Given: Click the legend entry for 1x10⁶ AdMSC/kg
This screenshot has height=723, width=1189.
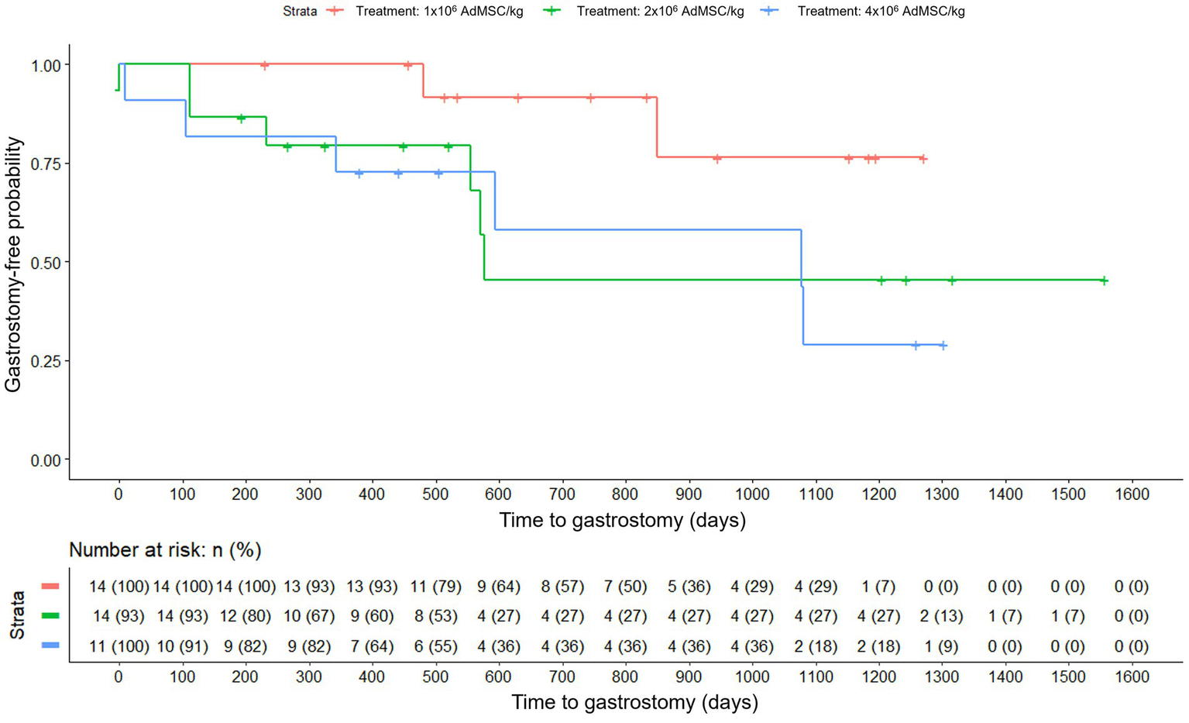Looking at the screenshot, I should point(438,12).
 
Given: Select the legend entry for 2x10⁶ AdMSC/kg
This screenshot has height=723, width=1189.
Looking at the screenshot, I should point(659,12).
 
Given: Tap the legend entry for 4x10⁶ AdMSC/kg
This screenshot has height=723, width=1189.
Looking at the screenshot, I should point(880,12).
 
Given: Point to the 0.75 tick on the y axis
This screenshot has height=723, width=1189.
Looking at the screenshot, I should point(46,164).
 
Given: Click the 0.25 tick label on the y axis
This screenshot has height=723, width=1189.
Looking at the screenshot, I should point(46,361).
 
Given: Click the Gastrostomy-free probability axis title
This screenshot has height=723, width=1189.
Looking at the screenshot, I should point(13,263).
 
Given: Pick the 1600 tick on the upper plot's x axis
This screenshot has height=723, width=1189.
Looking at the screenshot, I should point(1131,494).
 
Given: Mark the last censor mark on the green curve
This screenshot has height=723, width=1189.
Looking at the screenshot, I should point(1104,281).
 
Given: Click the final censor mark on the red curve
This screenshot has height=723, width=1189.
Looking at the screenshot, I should point(923,159).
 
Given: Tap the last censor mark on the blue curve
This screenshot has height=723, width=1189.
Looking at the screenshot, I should point(943,346).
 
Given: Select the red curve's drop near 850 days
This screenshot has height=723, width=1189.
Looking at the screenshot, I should point(657,128).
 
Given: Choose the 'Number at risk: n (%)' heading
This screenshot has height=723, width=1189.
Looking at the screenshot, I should point(165,550).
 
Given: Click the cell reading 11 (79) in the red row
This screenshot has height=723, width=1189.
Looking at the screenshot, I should point(435,587).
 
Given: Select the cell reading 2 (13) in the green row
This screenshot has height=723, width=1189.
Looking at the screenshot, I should point(941,616).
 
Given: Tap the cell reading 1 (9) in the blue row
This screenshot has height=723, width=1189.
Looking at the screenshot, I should point(941,646).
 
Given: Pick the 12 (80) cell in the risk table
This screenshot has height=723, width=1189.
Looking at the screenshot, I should point(245,616).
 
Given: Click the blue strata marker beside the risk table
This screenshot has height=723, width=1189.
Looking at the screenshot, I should point(50,646).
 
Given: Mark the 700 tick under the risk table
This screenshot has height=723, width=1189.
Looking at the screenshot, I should point(562,677).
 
